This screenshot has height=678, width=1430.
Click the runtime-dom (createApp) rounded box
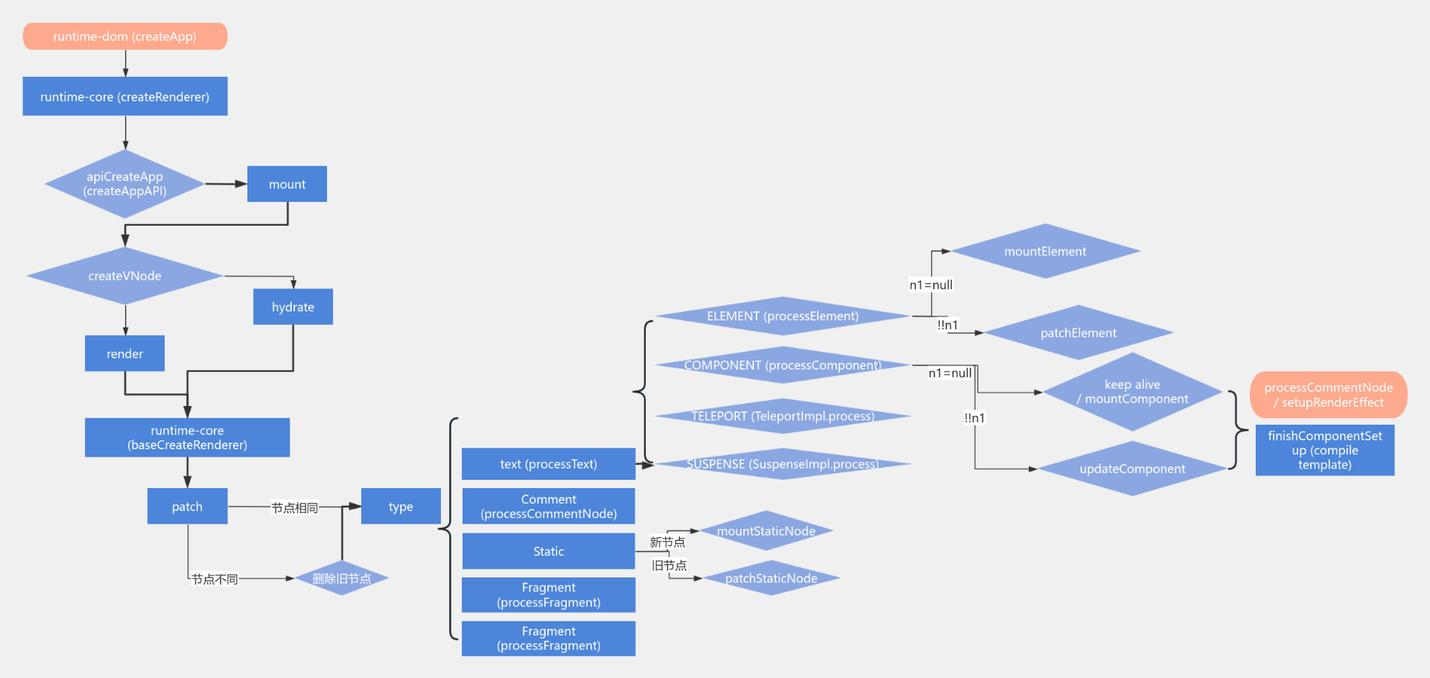(125, 37)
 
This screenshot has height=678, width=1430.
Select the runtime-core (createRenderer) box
(125, 97)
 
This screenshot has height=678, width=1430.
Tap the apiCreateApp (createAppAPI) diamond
(125, 184)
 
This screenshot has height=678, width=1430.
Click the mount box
(287, 184)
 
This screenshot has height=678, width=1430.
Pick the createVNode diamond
(125, 276)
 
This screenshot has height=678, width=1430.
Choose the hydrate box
(293, 307)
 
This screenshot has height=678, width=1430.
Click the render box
(124, 354)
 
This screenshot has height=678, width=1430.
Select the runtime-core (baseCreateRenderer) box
(187, 437)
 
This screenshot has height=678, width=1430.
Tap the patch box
(187, 507)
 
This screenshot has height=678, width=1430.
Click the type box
(401, 507)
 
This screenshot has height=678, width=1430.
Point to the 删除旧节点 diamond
(342, 578)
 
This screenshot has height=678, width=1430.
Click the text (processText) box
(548, 464)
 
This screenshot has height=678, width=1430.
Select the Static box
(548, 551)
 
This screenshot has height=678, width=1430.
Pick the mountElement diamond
(1045, 252)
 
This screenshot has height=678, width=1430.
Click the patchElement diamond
(1078, 333)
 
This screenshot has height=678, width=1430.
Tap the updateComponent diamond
(1132, 469)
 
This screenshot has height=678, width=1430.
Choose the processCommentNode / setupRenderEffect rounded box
(1328, 395)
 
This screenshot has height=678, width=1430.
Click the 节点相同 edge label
(295, 507)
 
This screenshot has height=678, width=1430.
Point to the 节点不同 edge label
(214, 579)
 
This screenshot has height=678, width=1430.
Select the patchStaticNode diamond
(771, 578)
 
